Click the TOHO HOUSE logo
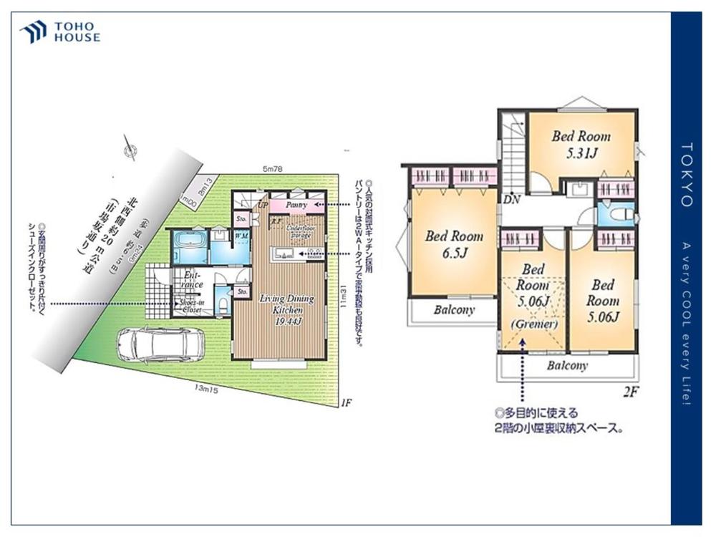pyautogui.click(x=60, y=32)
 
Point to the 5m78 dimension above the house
pyautogui.click(x=273, y=169)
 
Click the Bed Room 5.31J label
pyautogui.click(x=581, y=143)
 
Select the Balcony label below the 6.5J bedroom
pyautogui.click(x=454, y=310)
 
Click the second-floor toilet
pyautogui.click(x=619, y=214)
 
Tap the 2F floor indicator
pyautogui.click(x=630, y=392)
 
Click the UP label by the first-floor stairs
pyautogui.click(x=263, y=205)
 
